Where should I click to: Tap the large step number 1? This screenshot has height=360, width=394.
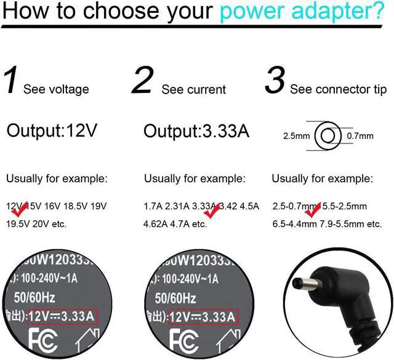coord(12,81)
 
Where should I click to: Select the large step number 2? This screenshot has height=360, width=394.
coord(142,81)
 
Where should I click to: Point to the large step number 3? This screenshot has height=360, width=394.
coord(275,81)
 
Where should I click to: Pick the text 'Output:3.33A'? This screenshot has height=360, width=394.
coord(196,130)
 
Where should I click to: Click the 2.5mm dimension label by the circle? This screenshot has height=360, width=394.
coord(296,136)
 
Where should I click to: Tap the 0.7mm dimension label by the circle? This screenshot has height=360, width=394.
coord(360,136)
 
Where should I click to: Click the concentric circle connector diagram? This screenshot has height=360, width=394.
coord(328,135)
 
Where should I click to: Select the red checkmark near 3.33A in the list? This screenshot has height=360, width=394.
coord(213,210)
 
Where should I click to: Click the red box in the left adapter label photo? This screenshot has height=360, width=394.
coord(62,317)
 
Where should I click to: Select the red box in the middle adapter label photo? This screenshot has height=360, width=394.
coord(201,317)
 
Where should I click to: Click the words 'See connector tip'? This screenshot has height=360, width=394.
coord(338,90)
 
